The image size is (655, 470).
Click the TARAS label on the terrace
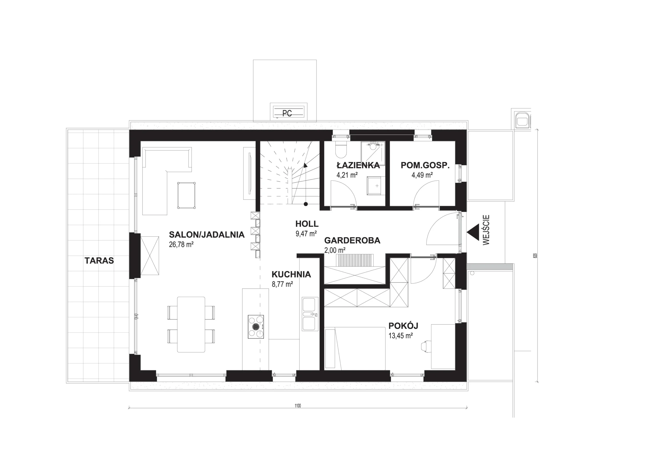point(99,261)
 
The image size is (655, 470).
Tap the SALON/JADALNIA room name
point(207,234)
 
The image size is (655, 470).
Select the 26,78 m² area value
point(181,244)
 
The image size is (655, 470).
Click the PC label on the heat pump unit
point(287,113)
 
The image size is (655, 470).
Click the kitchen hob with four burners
point(256,326)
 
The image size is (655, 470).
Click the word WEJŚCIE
point(486,230)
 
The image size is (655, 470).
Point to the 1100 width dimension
point(298,406)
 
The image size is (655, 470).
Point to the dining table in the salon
point(191,324)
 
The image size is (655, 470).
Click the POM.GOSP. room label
point(425,166)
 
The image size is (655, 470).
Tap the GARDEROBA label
point(352,240)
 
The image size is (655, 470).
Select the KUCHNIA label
point(291,274)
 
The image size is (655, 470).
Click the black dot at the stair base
point(306,204)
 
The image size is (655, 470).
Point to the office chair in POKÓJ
point(427,346)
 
